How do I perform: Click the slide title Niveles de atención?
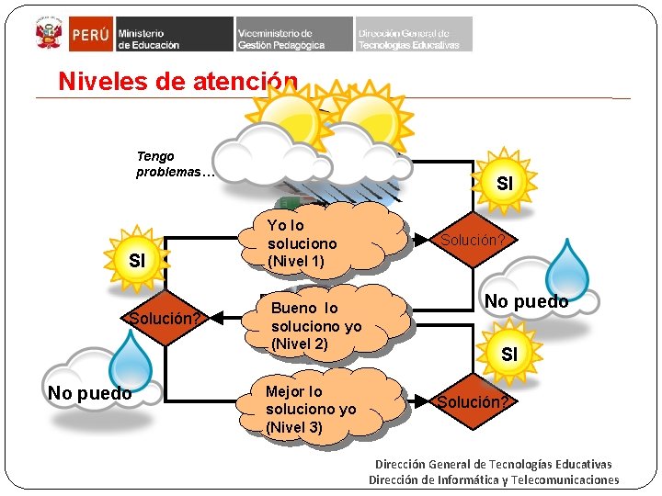tap(177, 81)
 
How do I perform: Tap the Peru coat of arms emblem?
tap(47, 35)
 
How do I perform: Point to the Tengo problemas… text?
tap(175, 164)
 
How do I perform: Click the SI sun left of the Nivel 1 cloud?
tap(138, 260)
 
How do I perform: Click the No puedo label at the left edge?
tap(89, 394)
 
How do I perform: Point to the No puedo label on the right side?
tap(526, 301)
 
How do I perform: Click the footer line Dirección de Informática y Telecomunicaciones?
tap(494, 479)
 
